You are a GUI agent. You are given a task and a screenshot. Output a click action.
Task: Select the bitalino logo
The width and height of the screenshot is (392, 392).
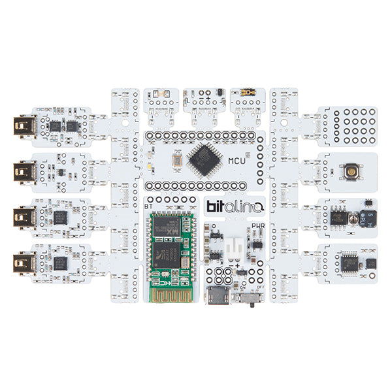(235, 207)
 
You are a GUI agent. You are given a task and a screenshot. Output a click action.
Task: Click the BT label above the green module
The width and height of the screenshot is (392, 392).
(148, 206)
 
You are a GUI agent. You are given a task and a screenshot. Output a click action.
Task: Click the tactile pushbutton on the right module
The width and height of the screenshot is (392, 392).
(351, 172)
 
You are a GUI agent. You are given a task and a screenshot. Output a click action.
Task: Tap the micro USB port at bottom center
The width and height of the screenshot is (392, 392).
(218, 297)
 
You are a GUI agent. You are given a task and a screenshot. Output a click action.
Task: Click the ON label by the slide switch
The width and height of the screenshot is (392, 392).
(244, 287)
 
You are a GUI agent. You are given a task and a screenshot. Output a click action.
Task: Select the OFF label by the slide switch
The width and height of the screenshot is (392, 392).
(261, 287)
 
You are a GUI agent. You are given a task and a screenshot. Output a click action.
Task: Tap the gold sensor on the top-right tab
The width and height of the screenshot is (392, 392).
(248, 93)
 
